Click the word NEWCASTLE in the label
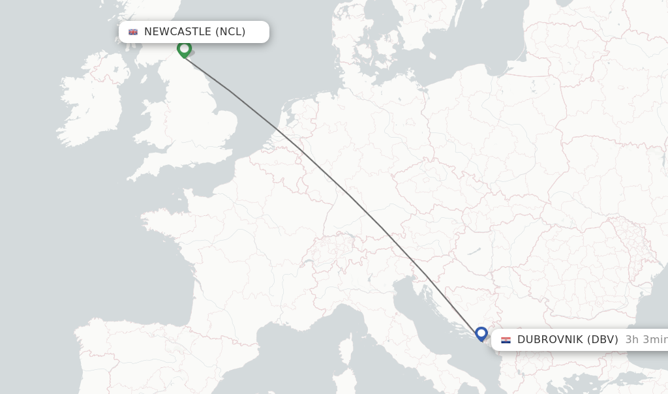(x=177, y=32)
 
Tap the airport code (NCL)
(x=230, y=32)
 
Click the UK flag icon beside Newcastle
(x=133, y=32)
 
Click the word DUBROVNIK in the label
(x=549, y=339)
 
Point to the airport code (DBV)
(x=602, y=339)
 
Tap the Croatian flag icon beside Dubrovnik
(x=506, y=340)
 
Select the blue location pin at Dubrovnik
(x=481, y=334)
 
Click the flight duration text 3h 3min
(x=646, y=339)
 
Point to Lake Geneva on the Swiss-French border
(x=307, y=262)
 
